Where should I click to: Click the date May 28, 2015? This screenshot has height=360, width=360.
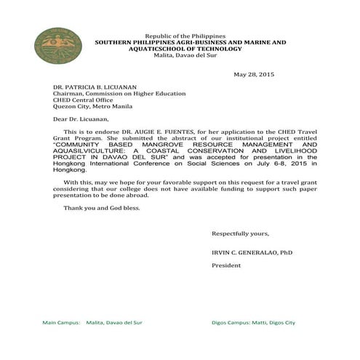coord(254,75)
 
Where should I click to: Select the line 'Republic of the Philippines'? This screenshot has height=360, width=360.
coord(185,36)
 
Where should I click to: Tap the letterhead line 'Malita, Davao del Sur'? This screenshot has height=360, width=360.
coord(186,56)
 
